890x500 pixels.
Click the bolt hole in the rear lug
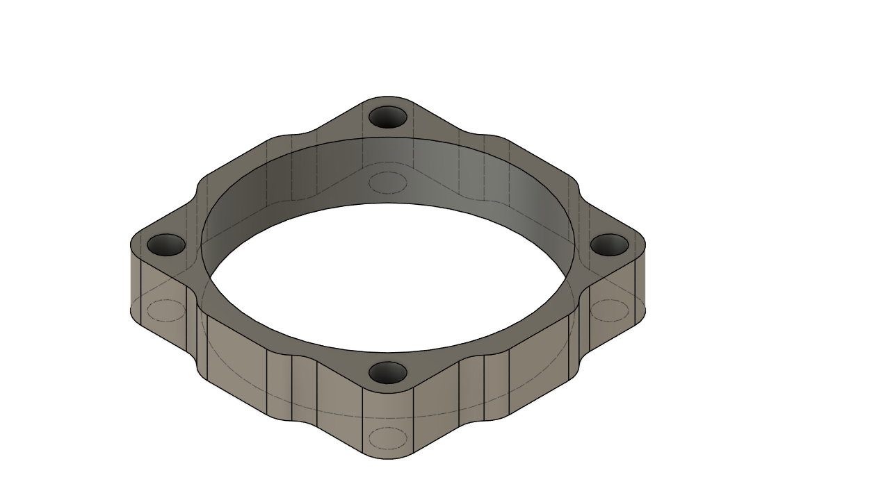[x=387, y=117]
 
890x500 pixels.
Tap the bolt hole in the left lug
[x=166, y=244]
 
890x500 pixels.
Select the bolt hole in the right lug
[x=609, y=244]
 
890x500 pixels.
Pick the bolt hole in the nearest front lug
[x=387, y=373]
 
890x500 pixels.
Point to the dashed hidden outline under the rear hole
[x=387, y=183]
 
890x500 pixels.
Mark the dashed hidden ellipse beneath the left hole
[x=166, y=310]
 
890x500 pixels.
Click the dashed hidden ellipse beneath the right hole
[x=609, y=310]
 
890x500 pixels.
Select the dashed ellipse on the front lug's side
[x=387, y=438]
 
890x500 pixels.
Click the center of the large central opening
[x=387, y=278]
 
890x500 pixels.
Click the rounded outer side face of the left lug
[x=136, y=285]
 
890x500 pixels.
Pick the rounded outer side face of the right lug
[x=640, y=285]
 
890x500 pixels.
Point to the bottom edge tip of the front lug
[x=387, y=458]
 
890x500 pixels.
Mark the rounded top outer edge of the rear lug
[x=387, y=97]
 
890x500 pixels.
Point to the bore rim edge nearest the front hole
[x=387, y=352]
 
